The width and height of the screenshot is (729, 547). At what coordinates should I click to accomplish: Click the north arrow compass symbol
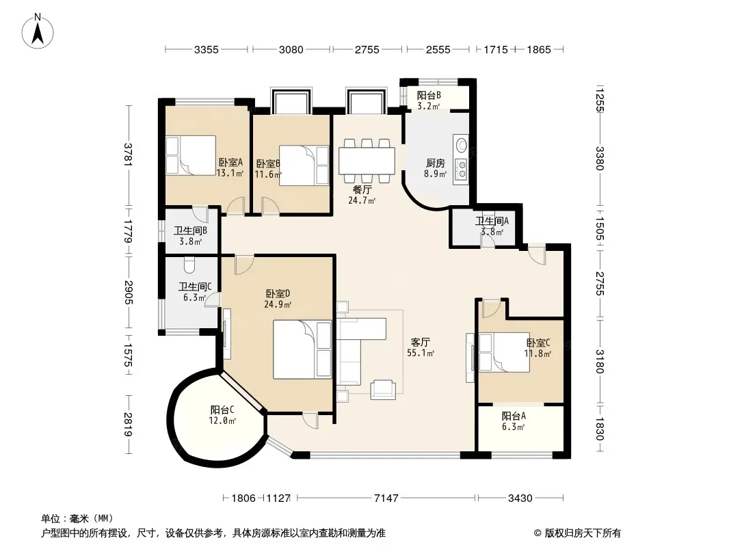[38, 31]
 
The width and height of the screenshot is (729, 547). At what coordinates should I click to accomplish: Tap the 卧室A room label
[230, 163]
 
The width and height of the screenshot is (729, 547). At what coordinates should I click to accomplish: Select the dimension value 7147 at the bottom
[386, 498]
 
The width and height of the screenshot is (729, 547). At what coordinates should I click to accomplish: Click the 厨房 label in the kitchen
[435, 163]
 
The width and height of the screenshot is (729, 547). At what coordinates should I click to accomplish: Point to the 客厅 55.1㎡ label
[421, 347]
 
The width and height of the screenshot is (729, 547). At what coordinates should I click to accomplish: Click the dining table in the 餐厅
[367, 161]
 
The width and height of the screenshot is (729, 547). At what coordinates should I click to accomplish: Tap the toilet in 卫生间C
[189, 265]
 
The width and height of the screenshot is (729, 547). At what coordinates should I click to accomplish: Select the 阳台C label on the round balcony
[222, 410]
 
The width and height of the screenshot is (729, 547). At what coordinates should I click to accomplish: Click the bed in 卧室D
[302, 349]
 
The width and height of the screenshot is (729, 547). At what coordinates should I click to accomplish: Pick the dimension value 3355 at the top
[206, 49]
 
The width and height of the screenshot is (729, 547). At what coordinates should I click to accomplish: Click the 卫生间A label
[492, 222]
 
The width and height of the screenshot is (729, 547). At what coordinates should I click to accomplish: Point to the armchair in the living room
[383, 390]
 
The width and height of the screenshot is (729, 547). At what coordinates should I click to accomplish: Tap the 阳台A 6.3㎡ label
[514, 421]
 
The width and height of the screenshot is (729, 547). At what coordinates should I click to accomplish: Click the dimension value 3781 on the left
[129, 155]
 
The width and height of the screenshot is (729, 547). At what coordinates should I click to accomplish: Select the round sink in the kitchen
[462, 144]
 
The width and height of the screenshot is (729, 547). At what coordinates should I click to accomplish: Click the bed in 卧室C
[505, 352]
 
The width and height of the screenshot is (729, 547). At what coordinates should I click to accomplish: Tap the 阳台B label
[429, 95]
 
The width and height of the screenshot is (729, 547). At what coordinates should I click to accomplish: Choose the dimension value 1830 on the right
[599, 429]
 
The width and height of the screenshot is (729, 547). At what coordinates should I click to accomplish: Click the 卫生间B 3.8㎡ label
[190, 236]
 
